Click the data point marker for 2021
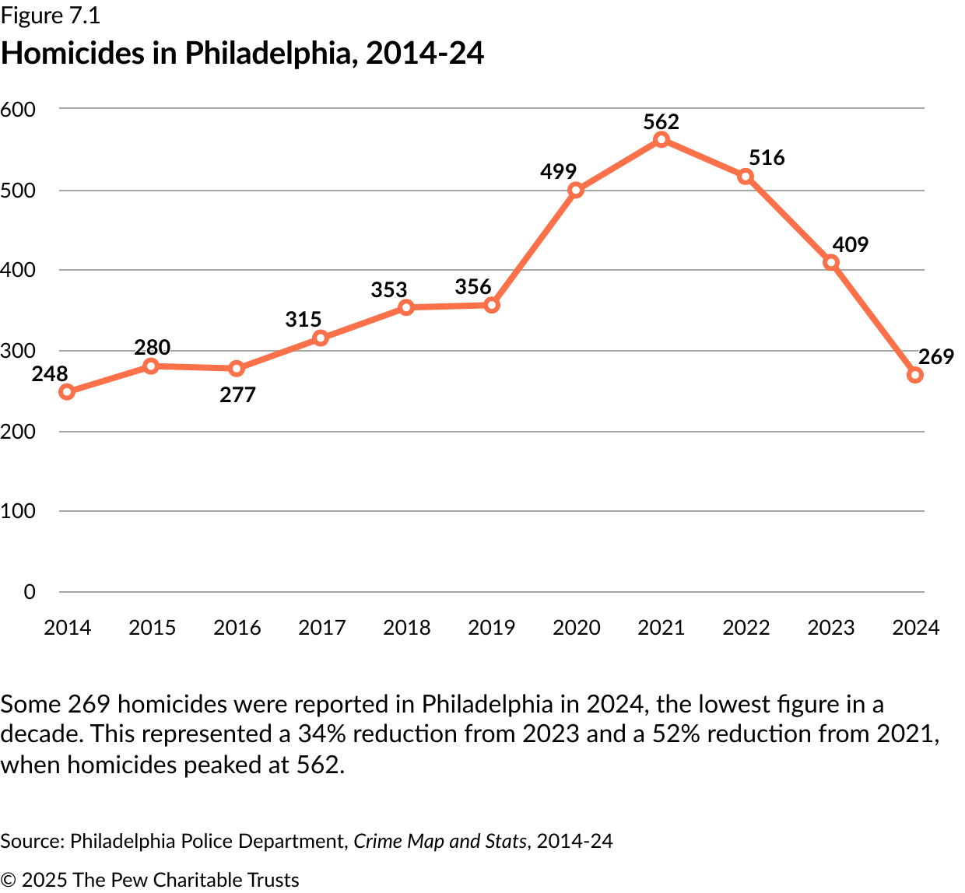661,140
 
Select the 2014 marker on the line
67,392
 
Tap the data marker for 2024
915,375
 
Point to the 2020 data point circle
576,191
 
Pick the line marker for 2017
321,338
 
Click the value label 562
661,122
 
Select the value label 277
237,395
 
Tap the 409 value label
850,245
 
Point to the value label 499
559,172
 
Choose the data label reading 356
473,287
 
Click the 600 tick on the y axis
19,110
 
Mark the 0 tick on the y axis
30,592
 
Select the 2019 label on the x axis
491,628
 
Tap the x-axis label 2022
746,628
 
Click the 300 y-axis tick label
19,351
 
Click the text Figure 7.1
51,16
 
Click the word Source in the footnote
30,842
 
